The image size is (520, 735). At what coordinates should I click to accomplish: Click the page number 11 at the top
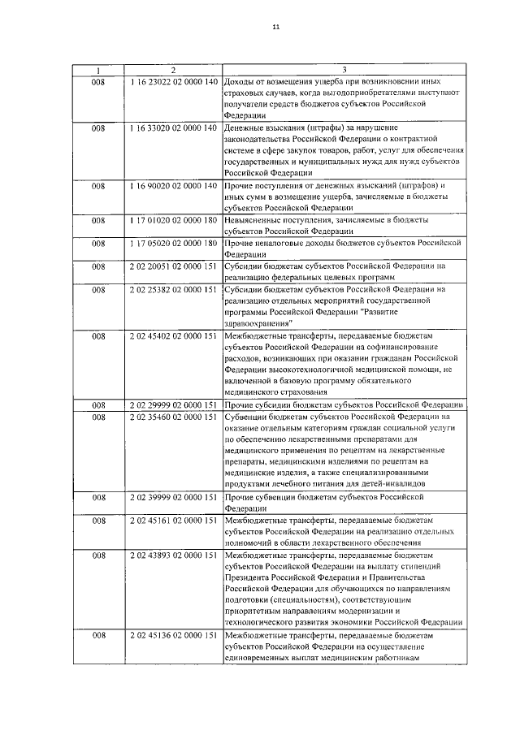pyautogui.click(x=276, y=27)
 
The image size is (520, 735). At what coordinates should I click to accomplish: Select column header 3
pyautogui.click(x=344, y=71)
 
